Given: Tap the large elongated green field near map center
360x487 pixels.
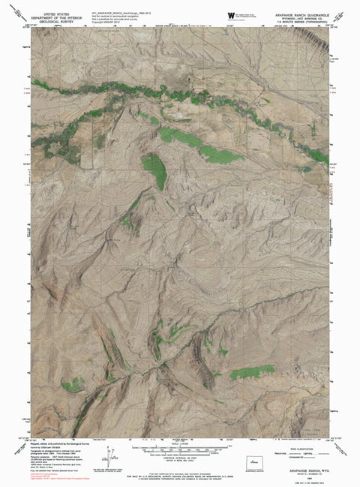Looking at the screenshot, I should click(x=156, y=171).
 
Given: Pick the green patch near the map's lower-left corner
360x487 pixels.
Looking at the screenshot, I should click(x=73, y=386).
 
